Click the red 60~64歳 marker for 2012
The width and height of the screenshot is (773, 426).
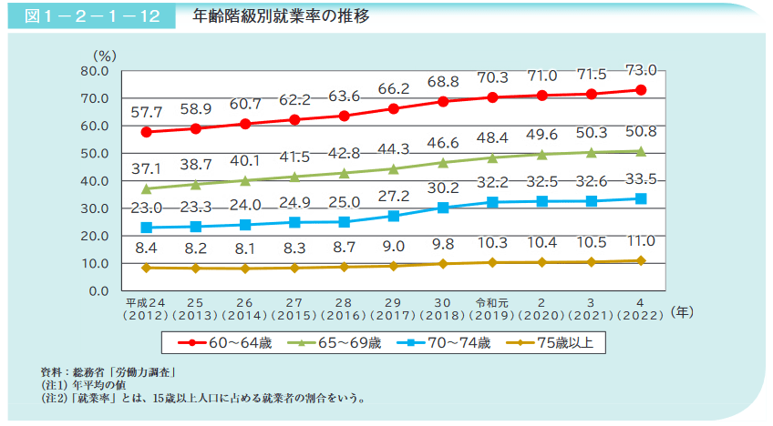pyautogui.click(x=146, y=132)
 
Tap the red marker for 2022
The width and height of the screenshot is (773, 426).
pyautogui.click(x=641, y=90)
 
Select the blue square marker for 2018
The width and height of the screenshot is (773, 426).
pyautogui.click(x=443, y=208)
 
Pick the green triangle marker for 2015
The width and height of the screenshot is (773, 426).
pyautogui.click(x=294, y=177)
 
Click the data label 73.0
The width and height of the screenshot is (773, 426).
pyautogui.click(x=641, y=69)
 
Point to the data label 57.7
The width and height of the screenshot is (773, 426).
pyautogui.click(x=146, y=112)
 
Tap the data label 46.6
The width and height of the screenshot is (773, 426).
pyautogui.click(x=443, y=143)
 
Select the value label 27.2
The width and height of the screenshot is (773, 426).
pyautogui.click(x=394, y=196)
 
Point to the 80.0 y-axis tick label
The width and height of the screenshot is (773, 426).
pyautogui.click(x=94, y=70)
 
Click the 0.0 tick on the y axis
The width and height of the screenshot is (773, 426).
pyautogui.click(x=98, y=291)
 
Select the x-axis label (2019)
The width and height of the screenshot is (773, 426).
pyautogui.click(x=492, y=316)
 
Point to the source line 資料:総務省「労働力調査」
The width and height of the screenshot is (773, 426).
pyautogui.click(x=108, y=371)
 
